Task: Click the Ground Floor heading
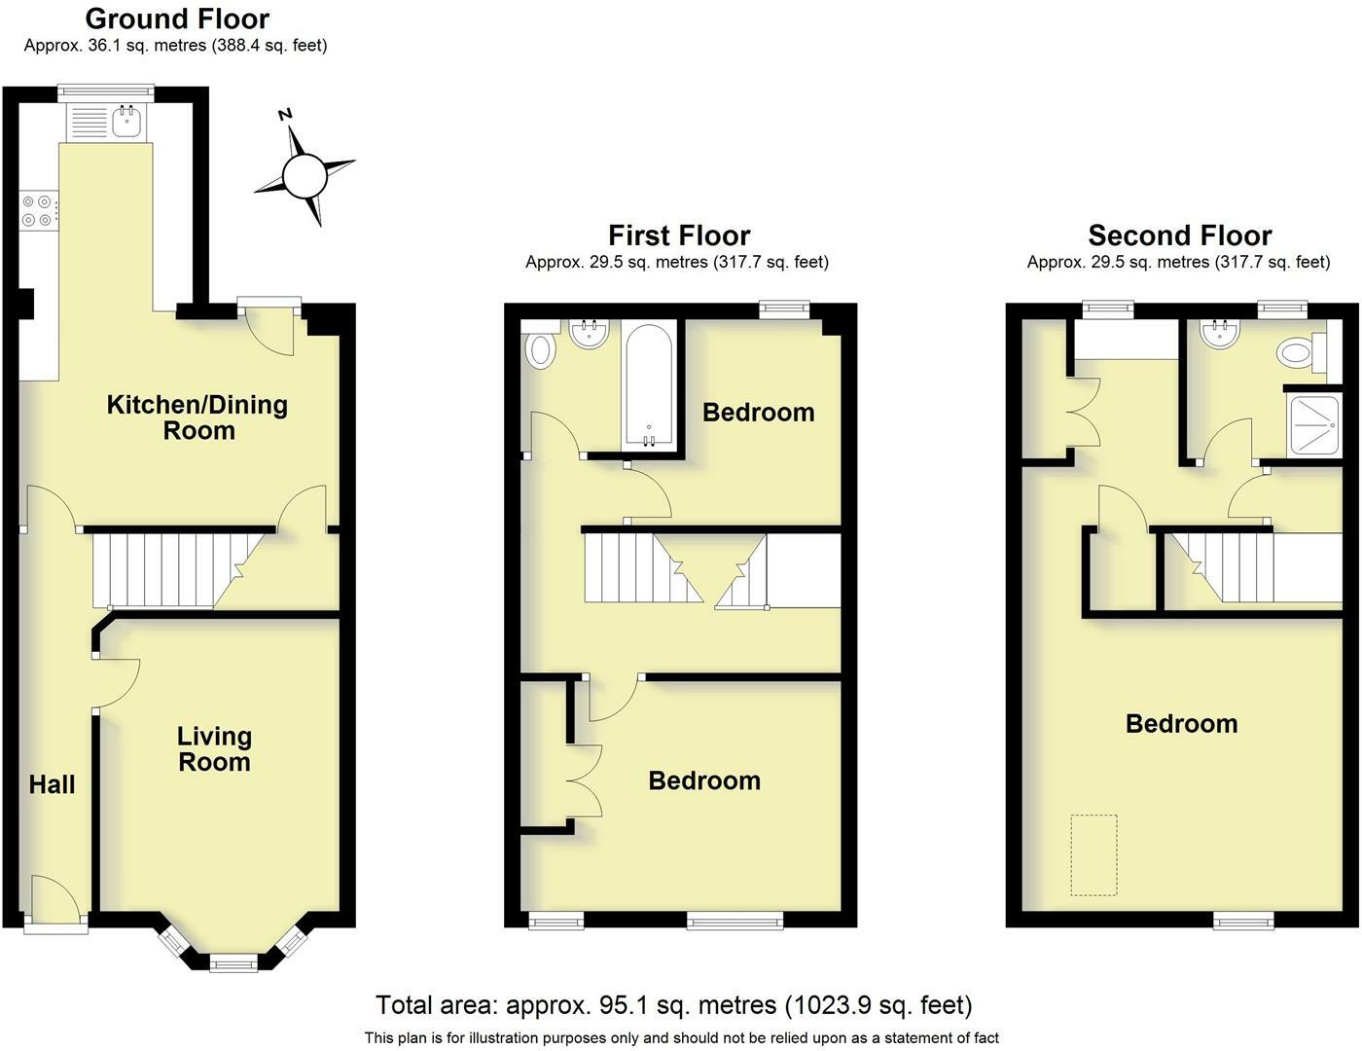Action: coord(177,19)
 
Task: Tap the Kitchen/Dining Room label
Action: coord(197,417)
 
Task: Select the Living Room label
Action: coord(214,749)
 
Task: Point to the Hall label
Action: coord(52,784)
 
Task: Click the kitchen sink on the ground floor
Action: coord(128,121)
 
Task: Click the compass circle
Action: coord(305,177)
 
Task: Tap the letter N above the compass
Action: coord(285,115)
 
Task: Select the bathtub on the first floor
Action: coord(649,386)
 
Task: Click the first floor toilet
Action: coord(540,345)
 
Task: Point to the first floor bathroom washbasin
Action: coord(589,334)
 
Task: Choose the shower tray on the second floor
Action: coord(1313,425)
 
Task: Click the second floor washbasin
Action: coord(1220,334)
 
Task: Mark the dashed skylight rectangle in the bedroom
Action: coord(1093,854)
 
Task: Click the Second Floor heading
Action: coord(1180,236)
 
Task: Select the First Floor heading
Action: coord(679,236)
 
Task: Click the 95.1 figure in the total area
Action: coord(616,1005)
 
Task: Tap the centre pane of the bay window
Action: coord(233,962)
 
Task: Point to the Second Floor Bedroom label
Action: coord(1181,724)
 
